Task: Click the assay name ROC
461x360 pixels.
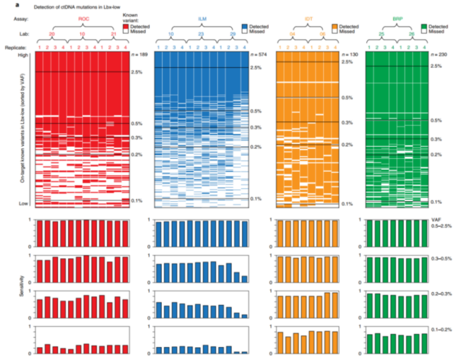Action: point(82,20)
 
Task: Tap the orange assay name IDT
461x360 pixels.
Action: point(307,20)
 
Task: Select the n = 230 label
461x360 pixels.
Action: point(439,56)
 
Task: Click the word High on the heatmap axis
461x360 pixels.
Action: point(25,56)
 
